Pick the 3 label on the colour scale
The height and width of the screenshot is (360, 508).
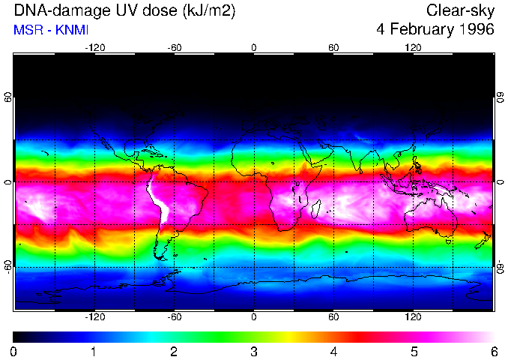[x=253, y=351]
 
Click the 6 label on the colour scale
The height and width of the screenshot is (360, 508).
[x=493, y=351]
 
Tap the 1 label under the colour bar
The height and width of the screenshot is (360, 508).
[x=94, y=351]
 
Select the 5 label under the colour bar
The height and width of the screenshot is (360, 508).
[x=413, y=351]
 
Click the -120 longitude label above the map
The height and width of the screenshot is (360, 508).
[x=94, y=47]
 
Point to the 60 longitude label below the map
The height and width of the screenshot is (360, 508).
[x=333, y=317]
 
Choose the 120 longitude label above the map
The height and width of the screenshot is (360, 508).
[x=413, y=47]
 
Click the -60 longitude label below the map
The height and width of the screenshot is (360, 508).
[x=174, y=317]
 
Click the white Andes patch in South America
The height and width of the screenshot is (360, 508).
[x=157, y=201]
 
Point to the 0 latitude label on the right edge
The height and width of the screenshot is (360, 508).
[x=501, y=182]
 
